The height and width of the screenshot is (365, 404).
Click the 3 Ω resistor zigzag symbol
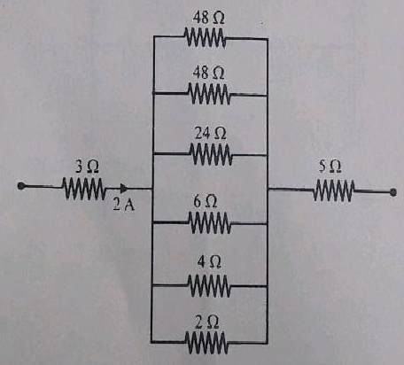83,189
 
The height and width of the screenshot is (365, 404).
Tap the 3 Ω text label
87,167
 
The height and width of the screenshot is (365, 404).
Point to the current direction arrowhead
124,188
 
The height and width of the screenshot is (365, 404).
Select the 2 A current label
123,204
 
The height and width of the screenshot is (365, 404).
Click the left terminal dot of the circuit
21,186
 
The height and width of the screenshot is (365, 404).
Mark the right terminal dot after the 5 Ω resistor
392,192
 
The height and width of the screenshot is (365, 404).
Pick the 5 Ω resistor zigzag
334,190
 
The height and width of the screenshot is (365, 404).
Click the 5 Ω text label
330,167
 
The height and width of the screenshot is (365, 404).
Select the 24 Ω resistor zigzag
211,154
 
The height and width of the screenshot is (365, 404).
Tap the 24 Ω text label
210,133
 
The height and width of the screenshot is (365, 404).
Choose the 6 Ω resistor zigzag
210,222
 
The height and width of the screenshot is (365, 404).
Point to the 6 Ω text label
206,202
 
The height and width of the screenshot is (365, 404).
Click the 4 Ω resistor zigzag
209,285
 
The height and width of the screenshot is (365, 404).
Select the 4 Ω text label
209,262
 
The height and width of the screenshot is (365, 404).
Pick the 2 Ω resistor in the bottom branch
206,343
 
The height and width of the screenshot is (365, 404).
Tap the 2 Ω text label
207,322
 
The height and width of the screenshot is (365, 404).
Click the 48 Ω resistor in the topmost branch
206,37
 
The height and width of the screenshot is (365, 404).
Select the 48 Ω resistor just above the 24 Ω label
209,94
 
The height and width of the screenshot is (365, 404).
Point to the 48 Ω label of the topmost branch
208,18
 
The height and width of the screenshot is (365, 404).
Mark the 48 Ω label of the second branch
208,73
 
